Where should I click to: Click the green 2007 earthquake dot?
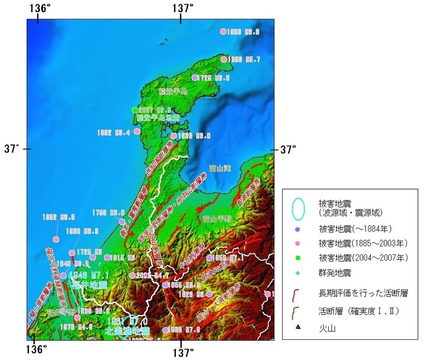(135, 110)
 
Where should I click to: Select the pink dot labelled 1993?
(223, 31)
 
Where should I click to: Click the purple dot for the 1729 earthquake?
(195, 78)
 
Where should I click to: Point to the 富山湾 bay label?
(220, 168)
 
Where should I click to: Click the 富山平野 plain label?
(217, 218)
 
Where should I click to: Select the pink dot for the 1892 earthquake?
(137, 131)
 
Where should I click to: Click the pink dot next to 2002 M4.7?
(132, 276)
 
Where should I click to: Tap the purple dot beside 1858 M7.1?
(209, 258)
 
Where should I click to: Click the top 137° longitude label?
(182, 8)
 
